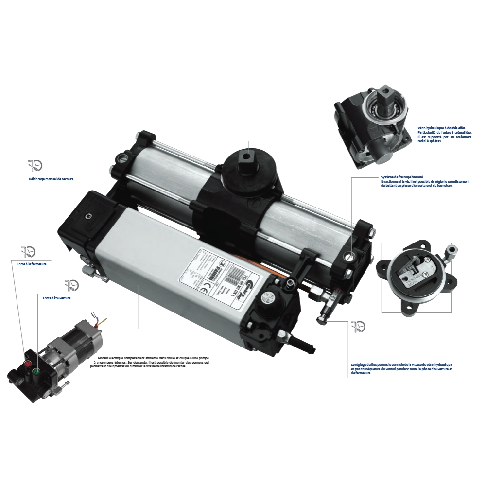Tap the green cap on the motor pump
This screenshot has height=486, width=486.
click(35, 372)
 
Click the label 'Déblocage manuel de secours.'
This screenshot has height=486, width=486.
click(52, 179)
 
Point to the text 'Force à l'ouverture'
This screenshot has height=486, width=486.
click(57, 297)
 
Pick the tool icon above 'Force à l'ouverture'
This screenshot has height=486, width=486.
click(71, 285)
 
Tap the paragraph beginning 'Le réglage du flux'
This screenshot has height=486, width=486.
click(401, 368)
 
